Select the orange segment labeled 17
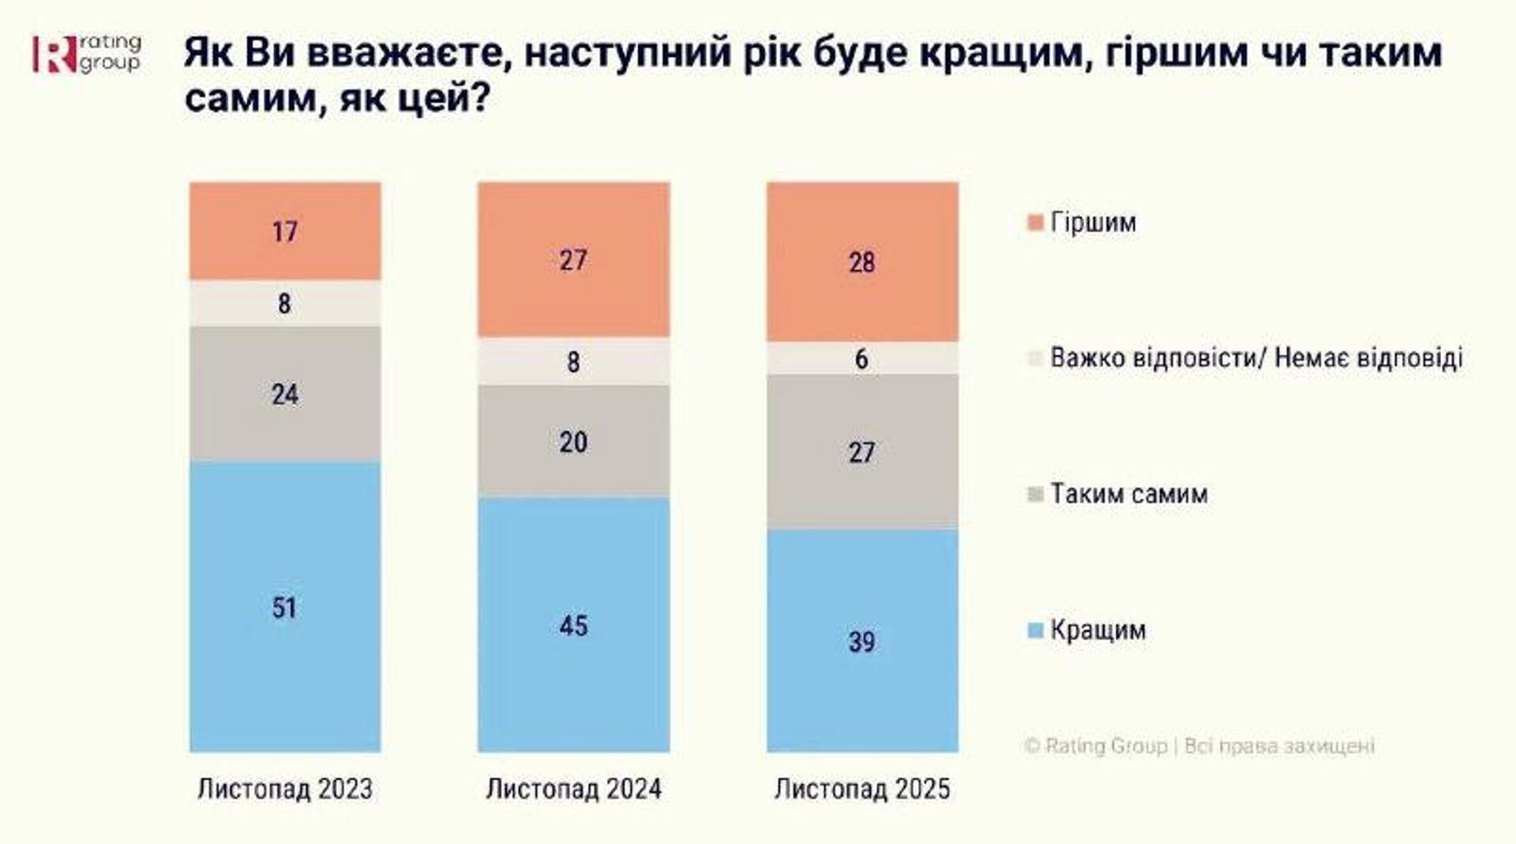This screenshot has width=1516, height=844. pos(285,231)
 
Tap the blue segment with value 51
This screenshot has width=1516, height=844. pos(285,606)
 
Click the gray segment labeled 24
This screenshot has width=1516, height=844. pos(285,394)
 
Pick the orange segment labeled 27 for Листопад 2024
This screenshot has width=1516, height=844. pos(573,260)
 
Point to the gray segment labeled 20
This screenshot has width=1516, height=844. pos(573,441)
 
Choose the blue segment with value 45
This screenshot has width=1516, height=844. pos(573,625)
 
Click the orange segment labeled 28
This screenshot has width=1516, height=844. pos(862,262)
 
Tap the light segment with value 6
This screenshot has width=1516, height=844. pos(862,358)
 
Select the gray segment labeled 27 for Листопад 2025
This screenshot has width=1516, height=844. pos(862,452)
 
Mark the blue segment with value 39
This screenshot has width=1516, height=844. pos(862,640)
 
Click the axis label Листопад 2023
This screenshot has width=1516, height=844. pos(285,789)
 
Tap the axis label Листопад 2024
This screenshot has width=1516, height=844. pos(573,789)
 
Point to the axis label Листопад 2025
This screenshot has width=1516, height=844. pos(862,789)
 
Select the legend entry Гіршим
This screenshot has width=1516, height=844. pos(1093,223)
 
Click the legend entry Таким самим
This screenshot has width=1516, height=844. pos(1128,494)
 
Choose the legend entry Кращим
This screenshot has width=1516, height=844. pos(1097,630)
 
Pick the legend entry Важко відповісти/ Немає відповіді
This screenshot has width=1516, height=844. pos(1255,358)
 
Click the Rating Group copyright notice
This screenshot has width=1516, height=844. pos(1199,746)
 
